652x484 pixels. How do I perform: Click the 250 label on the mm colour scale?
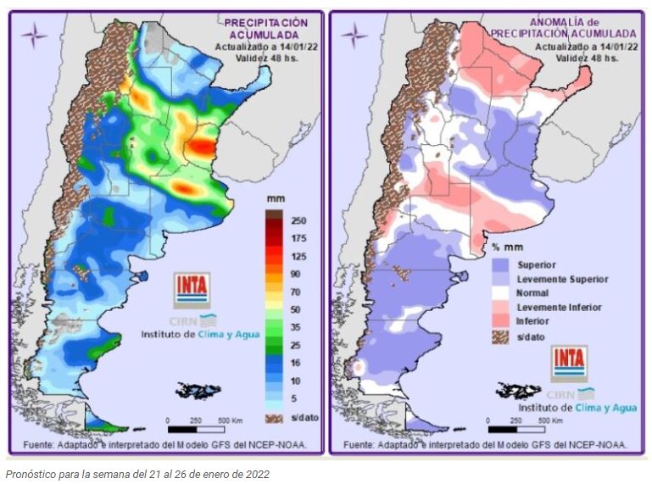(x=298, y=220)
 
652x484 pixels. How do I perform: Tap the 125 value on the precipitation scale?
(x=298, y=255)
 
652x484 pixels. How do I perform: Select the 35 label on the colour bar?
(x=298, y=326)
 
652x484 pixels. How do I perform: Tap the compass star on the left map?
(x=34, y=35)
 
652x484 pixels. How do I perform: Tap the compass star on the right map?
(x=354, y=35)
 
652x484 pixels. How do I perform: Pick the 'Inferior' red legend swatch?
(x=500, y=321)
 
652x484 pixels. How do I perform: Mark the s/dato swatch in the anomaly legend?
(x=500, y=337)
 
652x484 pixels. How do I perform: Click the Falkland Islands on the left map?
(x=198, y=391)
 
